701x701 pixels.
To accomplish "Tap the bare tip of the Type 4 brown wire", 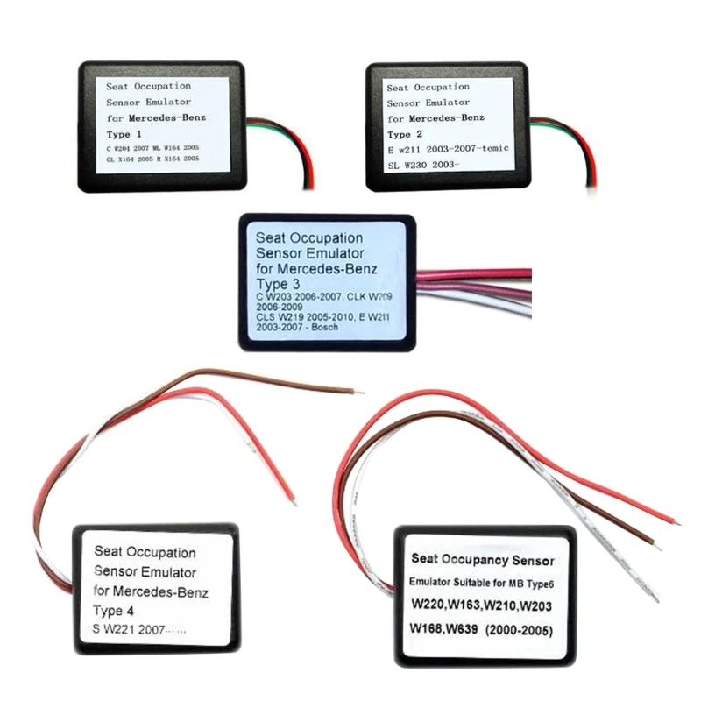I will pyautogui.click(x=353, y=391).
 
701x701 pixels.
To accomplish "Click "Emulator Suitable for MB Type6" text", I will pyautogui.click(x=484, y=583).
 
